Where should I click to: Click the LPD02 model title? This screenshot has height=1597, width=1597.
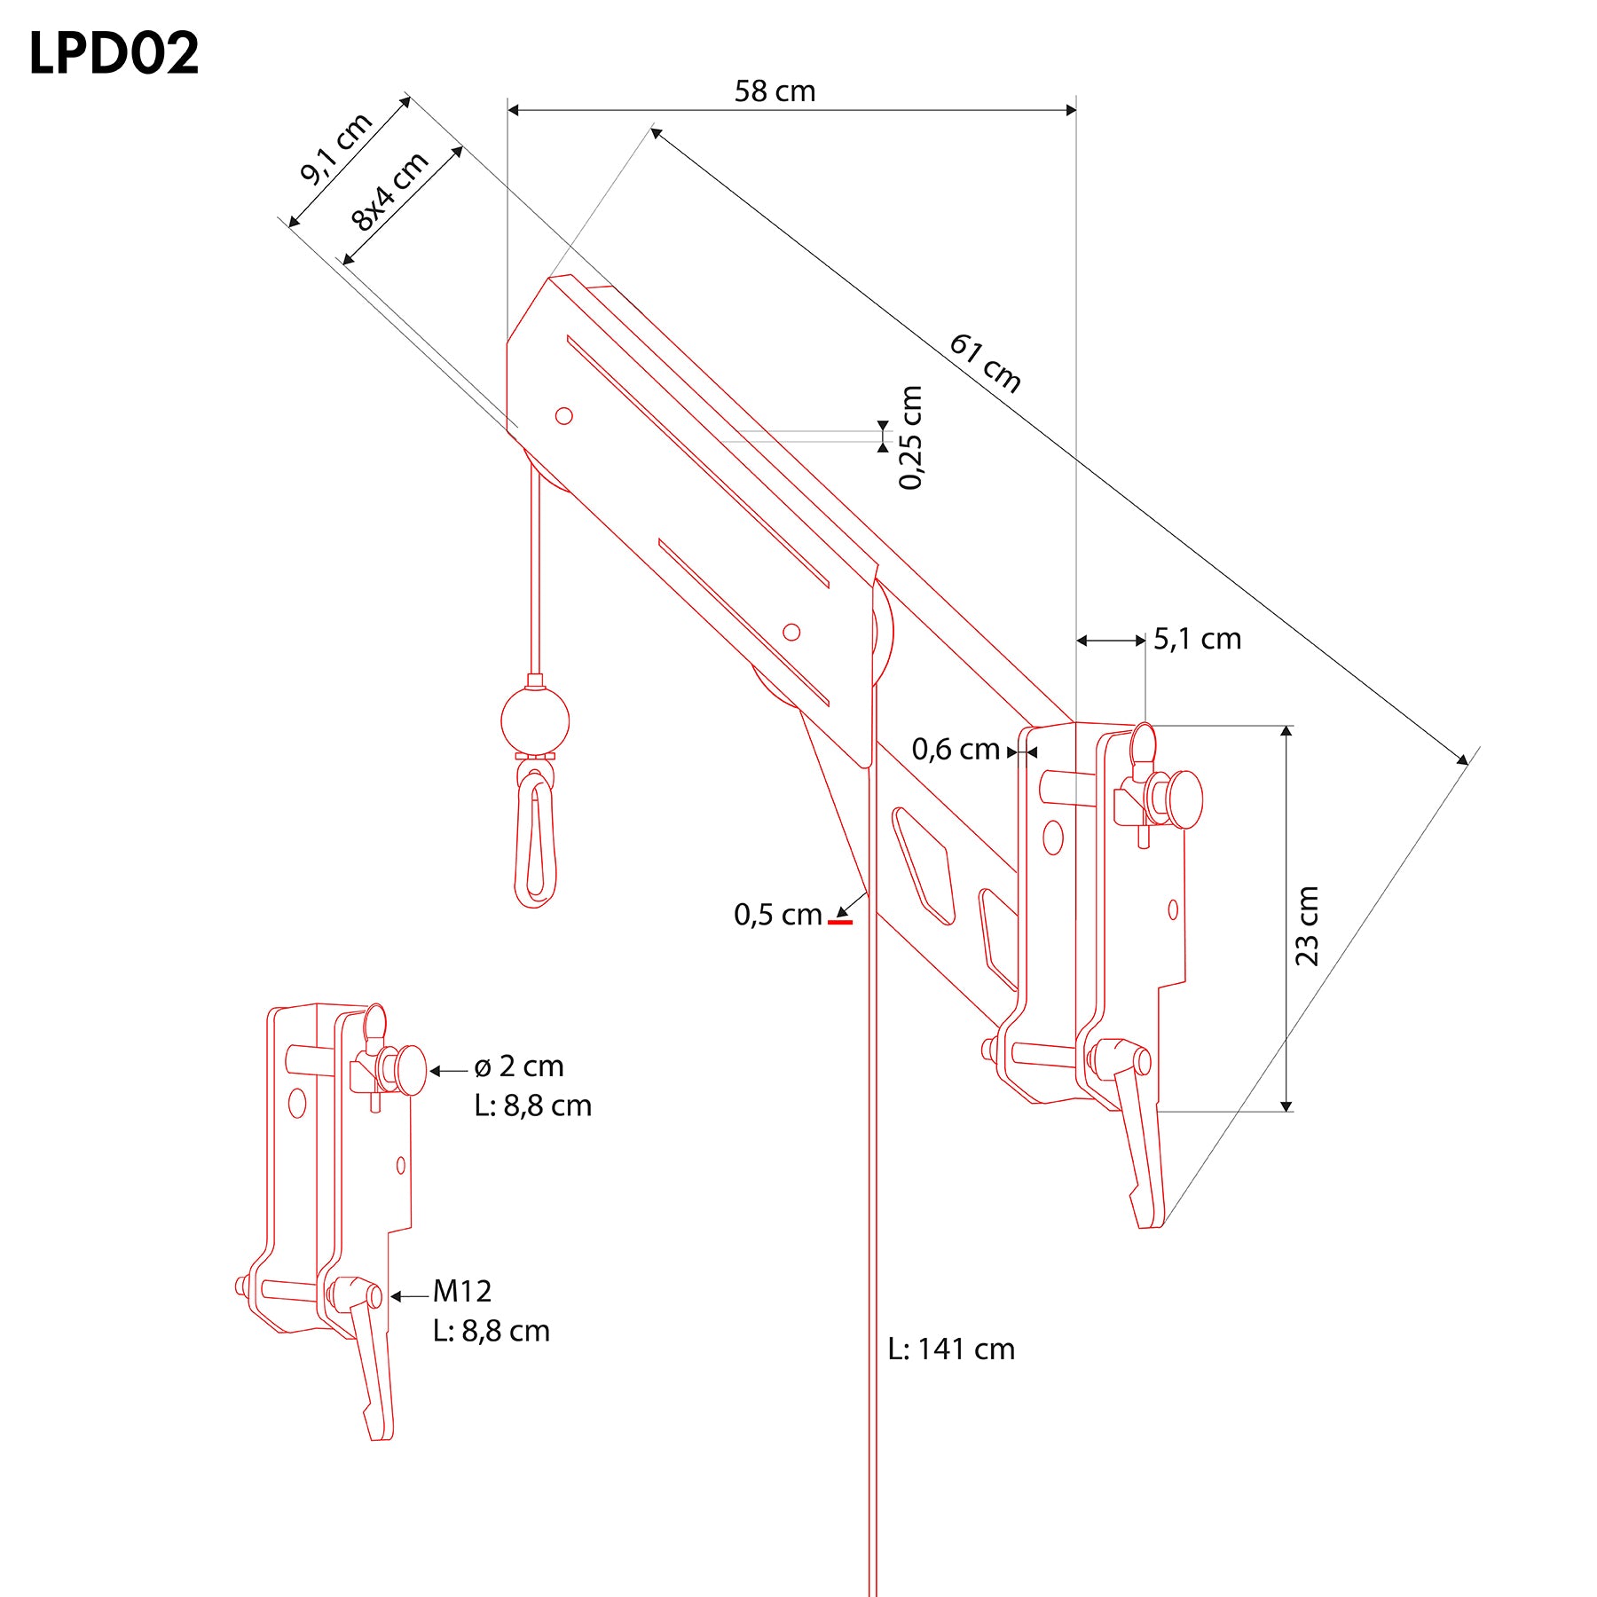pos(114,53)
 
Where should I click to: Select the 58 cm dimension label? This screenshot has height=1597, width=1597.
pos(775,91)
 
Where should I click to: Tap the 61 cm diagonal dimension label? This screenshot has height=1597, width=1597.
pos(986,362)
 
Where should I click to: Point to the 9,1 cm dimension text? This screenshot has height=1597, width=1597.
pos(335,149)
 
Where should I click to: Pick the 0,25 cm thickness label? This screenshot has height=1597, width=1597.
pos(911,437)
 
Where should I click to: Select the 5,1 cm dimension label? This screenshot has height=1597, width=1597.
pos(1197,639)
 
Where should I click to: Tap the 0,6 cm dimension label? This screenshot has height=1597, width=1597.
pos(956,750)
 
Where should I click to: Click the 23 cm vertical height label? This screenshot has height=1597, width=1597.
pos(1307,925)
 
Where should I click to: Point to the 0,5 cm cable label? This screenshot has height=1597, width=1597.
pos(777,915)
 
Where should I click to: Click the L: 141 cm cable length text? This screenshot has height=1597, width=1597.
pos(951,1349)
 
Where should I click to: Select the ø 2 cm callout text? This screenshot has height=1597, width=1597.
pos(519,1066)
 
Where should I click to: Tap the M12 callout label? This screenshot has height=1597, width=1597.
pos(461,1291)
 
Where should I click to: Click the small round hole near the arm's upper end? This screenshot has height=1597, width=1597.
pos(563,415)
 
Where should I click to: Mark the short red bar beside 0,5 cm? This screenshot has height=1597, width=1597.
pos(840,923)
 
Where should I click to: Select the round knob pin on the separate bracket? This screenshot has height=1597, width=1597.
pos(410,1070)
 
